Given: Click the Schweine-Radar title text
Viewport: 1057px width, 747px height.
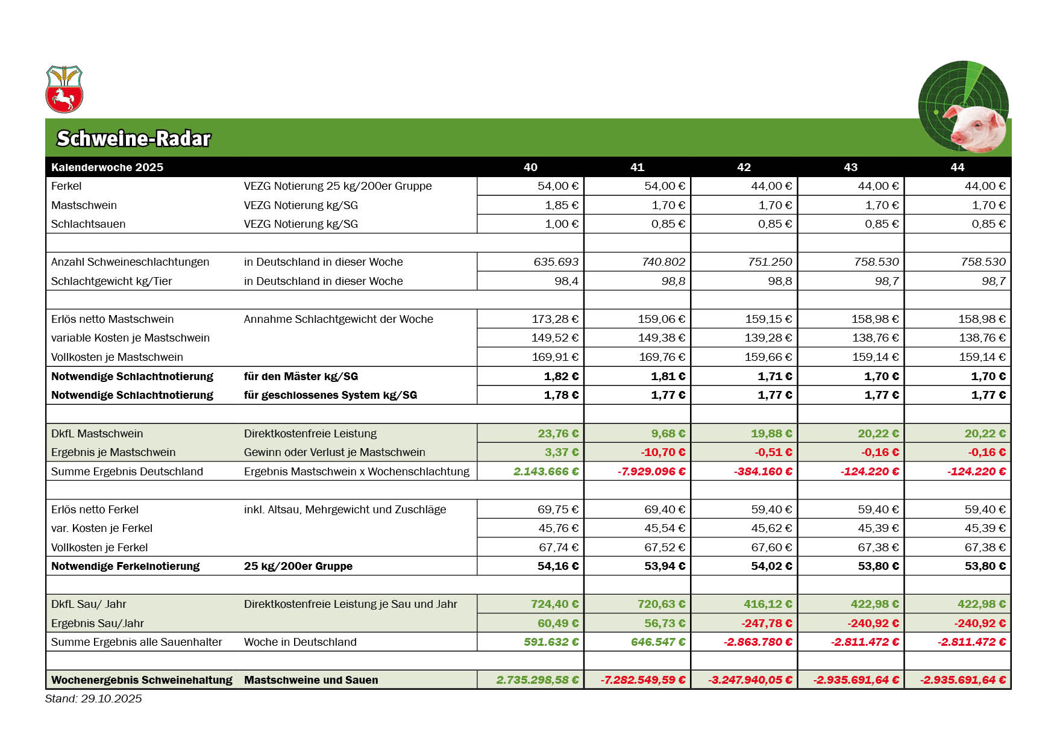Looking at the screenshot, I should pyautogui.click(x=133, y=139).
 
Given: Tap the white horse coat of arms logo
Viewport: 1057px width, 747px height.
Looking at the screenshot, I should pyautogui.click(x=64, y=90).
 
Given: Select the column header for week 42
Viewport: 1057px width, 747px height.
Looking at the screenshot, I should pyautogui.click(x=744, y=167).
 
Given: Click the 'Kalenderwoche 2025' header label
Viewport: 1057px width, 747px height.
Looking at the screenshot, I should pyautogui.click(x=107, y=167).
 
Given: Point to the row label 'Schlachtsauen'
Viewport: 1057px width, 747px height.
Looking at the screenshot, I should pyautogui.click(x=88, y=224).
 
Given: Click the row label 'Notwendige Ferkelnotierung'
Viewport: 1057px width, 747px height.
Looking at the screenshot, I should pyautogui.click(x=125, y=566).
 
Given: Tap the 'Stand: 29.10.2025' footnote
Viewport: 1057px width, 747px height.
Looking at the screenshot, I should pyautogui.click(x=93, y=699).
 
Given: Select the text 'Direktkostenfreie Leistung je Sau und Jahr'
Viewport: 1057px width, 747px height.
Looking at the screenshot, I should pyautogui.click(x=350, y=604).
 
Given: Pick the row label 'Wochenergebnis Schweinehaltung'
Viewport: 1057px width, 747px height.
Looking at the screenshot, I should pyautogui.click(x=142, y=680).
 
